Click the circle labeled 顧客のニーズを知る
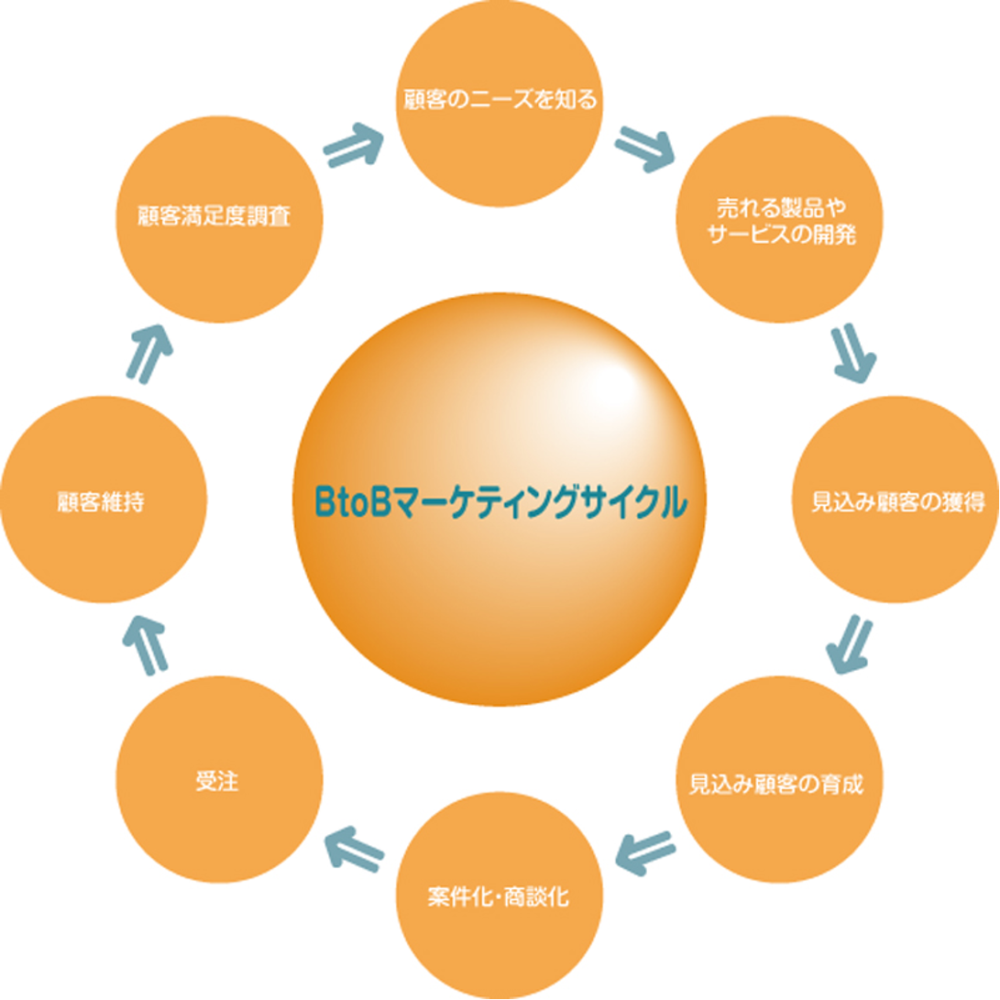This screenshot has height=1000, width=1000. pyautogui.click(x=500, y=104)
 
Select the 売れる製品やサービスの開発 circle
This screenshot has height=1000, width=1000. pyautogui.click(x=779, y=219)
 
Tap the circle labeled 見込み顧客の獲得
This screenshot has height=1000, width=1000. pyautogui.click(x=896, y=500)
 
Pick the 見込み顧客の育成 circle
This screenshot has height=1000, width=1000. pyautogui.click(x=779, y=779)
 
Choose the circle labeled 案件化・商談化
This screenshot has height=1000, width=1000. pyautogui.click(x=500, y=896)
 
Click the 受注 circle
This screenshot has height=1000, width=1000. pyautogui.click(x=220, y=779)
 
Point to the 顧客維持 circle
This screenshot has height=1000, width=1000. pyautogui.click(x=104, y=500)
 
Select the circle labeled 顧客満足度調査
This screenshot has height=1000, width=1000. pyautogui.click(x=220, y=219)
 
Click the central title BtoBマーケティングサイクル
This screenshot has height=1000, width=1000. pyautogui.click(x=501, y=502)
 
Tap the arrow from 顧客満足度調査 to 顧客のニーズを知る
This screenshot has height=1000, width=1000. pyautogui.click(x=353, y=146)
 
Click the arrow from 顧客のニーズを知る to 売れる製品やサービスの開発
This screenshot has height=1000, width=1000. pyautogui.click(x=645, y=149)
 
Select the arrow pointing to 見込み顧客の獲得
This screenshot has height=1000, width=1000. pyautogui.click(x=854, y=355)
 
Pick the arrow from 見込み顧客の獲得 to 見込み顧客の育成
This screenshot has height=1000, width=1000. pyautogui.click(x=850, y=644)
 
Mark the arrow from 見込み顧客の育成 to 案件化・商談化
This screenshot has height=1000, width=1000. pyautogui.click(x=645, y=854)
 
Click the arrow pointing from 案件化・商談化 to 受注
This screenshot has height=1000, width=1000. pyautogui.click(x=354, y=850)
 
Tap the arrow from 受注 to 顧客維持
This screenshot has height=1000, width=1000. pyautogui.click(x=146, y=644)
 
